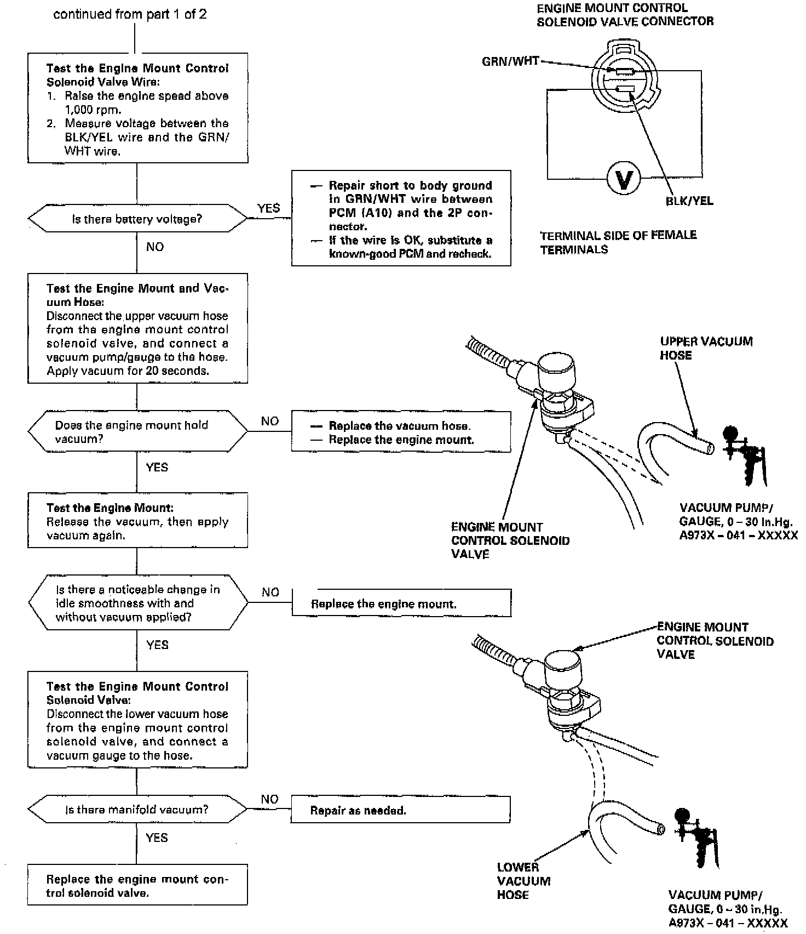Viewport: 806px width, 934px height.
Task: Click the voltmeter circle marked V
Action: [624, 179]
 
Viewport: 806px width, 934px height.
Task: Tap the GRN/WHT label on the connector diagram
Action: [510, 61]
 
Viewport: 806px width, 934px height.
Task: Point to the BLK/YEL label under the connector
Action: [689, 201]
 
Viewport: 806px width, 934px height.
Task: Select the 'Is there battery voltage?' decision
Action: [137, 219]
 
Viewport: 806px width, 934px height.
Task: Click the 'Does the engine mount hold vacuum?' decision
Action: [137, 432]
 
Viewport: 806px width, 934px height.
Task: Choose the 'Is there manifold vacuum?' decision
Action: [137, 810]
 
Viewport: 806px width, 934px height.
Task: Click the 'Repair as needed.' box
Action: [400, 810]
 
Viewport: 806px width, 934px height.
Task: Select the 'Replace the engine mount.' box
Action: [401, 603]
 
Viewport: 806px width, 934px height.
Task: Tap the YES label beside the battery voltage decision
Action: [268, 208]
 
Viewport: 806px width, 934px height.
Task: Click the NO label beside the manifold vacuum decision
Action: [269, 799]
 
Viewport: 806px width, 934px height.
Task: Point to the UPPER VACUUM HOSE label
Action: [706, 349]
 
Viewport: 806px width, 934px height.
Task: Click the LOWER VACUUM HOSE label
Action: [523, 881]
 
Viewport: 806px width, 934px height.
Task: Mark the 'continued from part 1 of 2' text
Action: [130, 15]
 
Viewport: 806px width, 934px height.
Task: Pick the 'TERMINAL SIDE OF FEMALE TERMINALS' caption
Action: [618, 242]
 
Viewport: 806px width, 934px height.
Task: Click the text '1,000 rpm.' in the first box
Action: [93, 110]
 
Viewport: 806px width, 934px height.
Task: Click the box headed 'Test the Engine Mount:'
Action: [137, 521]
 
